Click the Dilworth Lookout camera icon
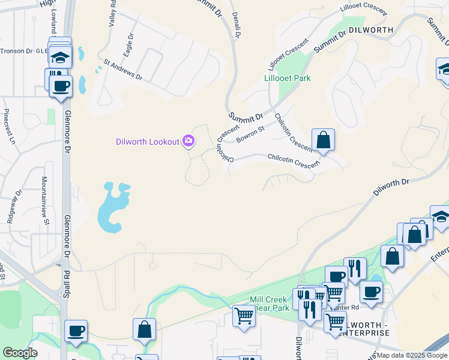tap(188, 141)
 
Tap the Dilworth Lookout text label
tap(148, 142)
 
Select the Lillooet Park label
tap(288, 78)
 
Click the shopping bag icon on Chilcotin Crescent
tap(323, 140)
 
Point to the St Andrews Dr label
tap(122, 70)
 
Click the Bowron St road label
tap(250, 134)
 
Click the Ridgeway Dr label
tap(14, 206)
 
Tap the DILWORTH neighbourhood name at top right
tap(371, 29)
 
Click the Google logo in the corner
tap(20, 352)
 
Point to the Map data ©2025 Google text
tap(412, 355)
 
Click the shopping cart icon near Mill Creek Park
tap(244, 316)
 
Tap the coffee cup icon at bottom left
tap(76, 331)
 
